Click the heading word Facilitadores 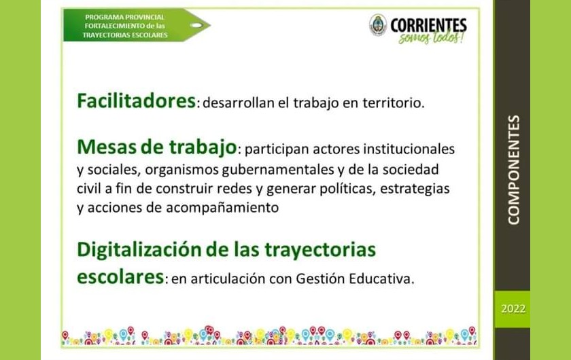pos(136,101)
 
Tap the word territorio pos(394,103)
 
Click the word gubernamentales pos(278,170)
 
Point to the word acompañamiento pos(222,208)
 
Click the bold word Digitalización pos(139,250)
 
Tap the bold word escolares pos(120,276)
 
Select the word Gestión pos(320,278)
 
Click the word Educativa pos(381,278)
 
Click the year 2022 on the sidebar pos(513,308)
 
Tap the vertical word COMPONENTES pos(513,170)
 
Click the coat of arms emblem pos(378,25)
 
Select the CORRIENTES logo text pos(428,25)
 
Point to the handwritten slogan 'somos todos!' pos(431,37)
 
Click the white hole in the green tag pos(196,25)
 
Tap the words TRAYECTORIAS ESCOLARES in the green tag pos(125,35)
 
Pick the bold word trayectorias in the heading pos(320,251)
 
